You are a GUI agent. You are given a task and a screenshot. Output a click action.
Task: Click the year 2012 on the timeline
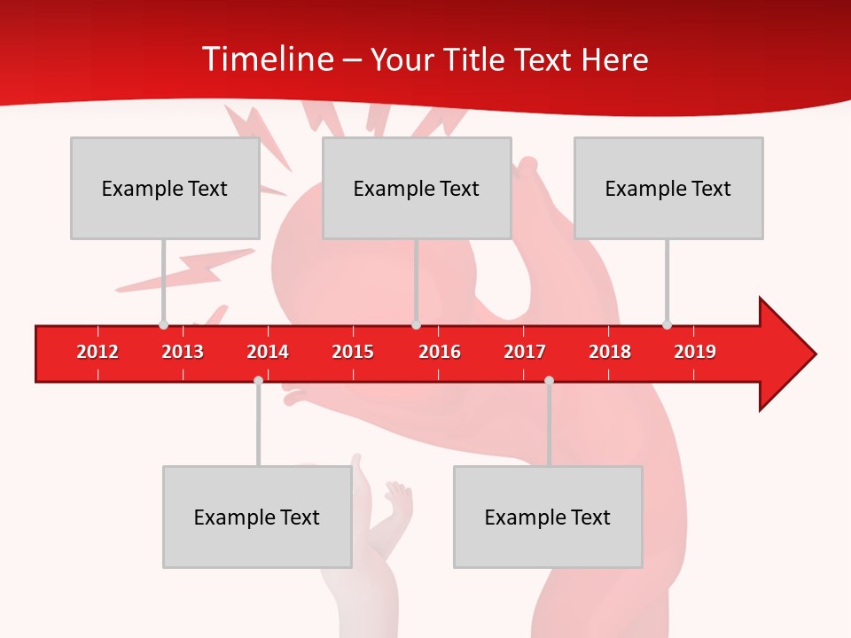[x=98, y=352]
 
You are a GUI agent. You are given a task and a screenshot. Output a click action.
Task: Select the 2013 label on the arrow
[x=183, y=352]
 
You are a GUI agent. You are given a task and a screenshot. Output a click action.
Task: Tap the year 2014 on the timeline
[x=268, y=352]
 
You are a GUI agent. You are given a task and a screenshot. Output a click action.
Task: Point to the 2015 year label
[x=353, y=352]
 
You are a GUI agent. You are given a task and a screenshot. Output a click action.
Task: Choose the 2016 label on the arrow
[x=440, y=352]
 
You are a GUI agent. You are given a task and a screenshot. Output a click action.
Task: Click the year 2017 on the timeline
[x=525, y=352]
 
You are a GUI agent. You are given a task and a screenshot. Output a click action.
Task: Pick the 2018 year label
[x=610, y=352]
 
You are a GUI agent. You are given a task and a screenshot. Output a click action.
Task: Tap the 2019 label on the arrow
[x=695, y=352]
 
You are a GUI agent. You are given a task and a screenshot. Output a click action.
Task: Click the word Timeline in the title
[x=266, y=59]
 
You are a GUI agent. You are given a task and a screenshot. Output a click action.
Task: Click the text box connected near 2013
[x=165, y=188]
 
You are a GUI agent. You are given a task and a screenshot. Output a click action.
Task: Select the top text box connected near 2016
[x=417, y=188]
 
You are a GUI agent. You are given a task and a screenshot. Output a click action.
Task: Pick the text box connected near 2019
[x=668, y=188]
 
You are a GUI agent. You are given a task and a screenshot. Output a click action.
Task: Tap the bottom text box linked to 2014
[x=257, y=517]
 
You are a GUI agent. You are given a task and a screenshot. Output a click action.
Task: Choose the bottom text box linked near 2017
[x=548, y=517]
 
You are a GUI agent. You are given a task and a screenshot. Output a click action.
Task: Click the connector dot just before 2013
[x=163, y=325]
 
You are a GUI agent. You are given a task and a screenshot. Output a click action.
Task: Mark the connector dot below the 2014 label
[x=258, y=380]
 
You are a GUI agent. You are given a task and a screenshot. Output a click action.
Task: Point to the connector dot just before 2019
[x=667, y=325]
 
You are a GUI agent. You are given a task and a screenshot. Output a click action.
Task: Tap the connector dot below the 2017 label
[x=549, y=380]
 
